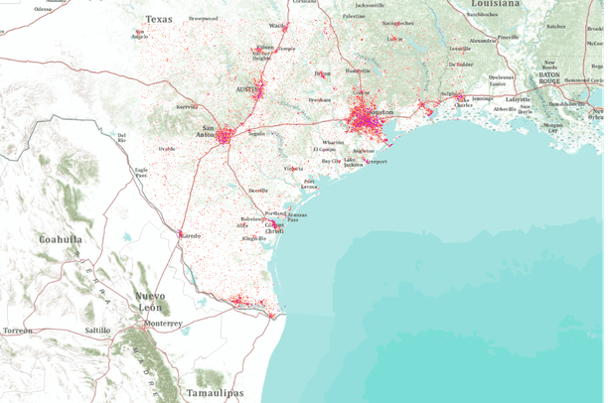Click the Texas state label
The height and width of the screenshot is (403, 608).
158,19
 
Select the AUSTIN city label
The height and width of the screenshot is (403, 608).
245,89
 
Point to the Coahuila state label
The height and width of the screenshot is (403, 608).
61,239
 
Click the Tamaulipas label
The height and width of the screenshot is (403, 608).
215,393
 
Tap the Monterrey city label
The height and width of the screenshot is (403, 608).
162,324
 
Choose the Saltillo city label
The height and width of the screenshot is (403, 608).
97,330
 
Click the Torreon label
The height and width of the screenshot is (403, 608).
18,330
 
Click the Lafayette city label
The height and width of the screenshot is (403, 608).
519,100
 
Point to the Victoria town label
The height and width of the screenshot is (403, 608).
293,169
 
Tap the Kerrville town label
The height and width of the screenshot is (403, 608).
187,106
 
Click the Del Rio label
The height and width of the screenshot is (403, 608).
122,136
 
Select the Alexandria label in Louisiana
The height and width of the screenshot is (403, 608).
483,41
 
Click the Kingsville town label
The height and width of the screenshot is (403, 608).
254,238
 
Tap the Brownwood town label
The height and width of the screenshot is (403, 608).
204,18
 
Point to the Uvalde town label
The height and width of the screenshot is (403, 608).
167,149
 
